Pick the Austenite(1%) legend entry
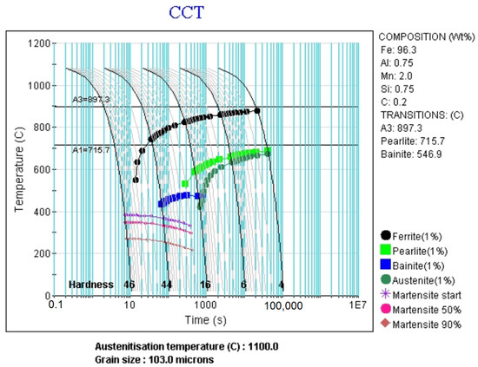pyautogui.click(x=419, y=279)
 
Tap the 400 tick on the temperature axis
pyautogui.click(x=43, y=212)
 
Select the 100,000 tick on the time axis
pyautogui.click(x=282, y=305)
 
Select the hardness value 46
pyautogui.click(x=130, y=285)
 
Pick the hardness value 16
pyautogui.click(x=205, y=285)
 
